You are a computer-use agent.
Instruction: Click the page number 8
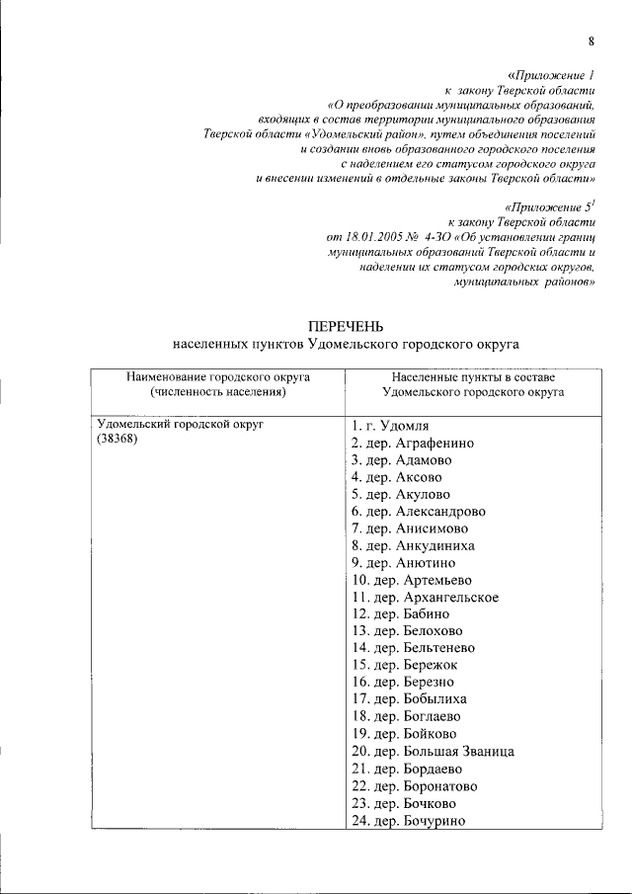coord(591,41)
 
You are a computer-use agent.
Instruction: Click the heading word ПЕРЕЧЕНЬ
coord(345,327)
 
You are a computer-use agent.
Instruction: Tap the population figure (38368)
coord(117,440)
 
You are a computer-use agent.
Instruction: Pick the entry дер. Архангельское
coord(426,597)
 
